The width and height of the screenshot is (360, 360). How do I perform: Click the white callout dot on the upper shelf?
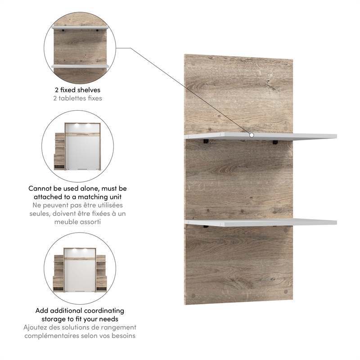pos(252,135)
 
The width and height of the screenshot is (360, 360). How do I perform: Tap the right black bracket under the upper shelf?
pos(274,142)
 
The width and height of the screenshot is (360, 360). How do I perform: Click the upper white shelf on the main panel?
pos(279,136)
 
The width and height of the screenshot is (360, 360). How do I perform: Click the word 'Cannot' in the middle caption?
pos(39,189)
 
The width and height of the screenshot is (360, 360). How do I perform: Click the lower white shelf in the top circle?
pos(81,66)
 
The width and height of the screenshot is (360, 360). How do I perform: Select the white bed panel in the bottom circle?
pos(81,274)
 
